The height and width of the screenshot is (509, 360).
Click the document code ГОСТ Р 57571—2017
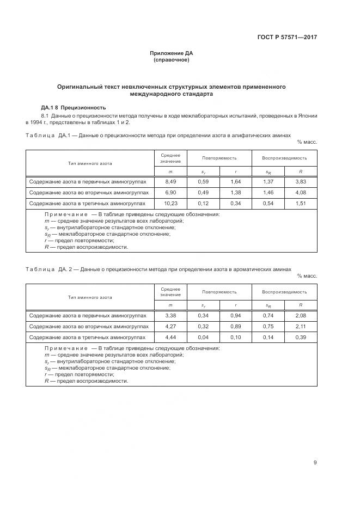[287, 38]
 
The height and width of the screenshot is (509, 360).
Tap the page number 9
[315, 463]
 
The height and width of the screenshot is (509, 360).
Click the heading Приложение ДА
[172, 53]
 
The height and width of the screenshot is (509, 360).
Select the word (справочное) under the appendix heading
[172, 60]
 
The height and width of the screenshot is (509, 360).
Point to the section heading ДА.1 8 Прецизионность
[74, 107]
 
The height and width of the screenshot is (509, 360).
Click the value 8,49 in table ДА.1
[170, 181]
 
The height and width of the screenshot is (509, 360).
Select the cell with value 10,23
[170, 203]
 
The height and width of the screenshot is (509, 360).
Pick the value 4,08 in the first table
[301, 192]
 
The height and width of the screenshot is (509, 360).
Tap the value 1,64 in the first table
[235, 181]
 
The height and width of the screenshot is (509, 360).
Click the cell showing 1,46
[268, 192]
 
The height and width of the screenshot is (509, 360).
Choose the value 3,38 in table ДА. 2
[170, 315]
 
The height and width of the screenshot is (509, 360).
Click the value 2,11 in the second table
[301, 326]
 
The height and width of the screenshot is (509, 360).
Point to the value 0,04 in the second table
[203, 337]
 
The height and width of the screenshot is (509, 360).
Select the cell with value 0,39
[301, 337]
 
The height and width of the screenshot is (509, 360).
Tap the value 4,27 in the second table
[170, 326]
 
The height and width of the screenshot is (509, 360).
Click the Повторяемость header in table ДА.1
[219, 158]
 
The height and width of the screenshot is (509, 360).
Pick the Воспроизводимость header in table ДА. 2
[284, 292]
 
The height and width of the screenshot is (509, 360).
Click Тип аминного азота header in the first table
[90, 163]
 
